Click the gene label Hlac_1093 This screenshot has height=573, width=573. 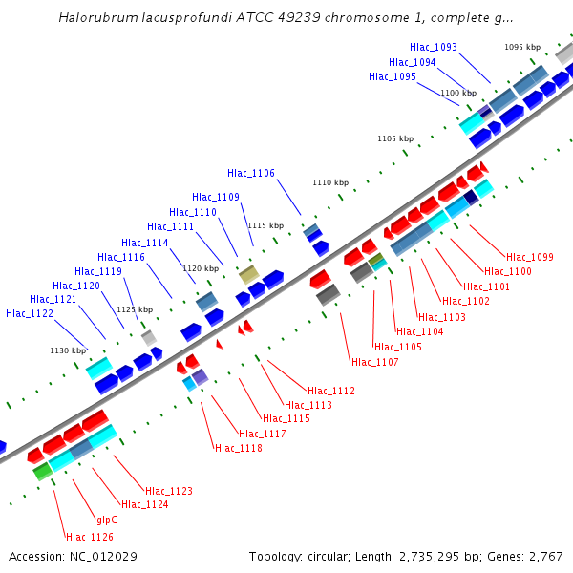[433, 47]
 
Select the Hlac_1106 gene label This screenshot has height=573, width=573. [251, 173]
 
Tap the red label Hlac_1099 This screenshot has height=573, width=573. [530, 257]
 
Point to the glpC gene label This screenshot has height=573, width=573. [107, 520]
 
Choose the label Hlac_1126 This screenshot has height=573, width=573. [89, 537]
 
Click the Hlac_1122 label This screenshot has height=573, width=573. [30, 313]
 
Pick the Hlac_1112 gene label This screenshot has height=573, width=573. [331, 391]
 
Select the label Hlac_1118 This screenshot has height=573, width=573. [239, 448]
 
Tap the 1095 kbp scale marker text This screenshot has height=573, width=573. [522, 47]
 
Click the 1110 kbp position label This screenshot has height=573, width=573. [331, 182]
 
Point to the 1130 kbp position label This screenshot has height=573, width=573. [68, 350]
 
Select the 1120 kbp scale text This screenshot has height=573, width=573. [201, 268]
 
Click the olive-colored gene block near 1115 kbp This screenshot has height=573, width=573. [248, 275]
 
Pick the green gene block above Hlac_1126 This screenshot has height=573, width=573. [42, 471]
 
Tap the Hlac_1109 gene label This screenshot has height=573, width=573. [216, 197]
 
